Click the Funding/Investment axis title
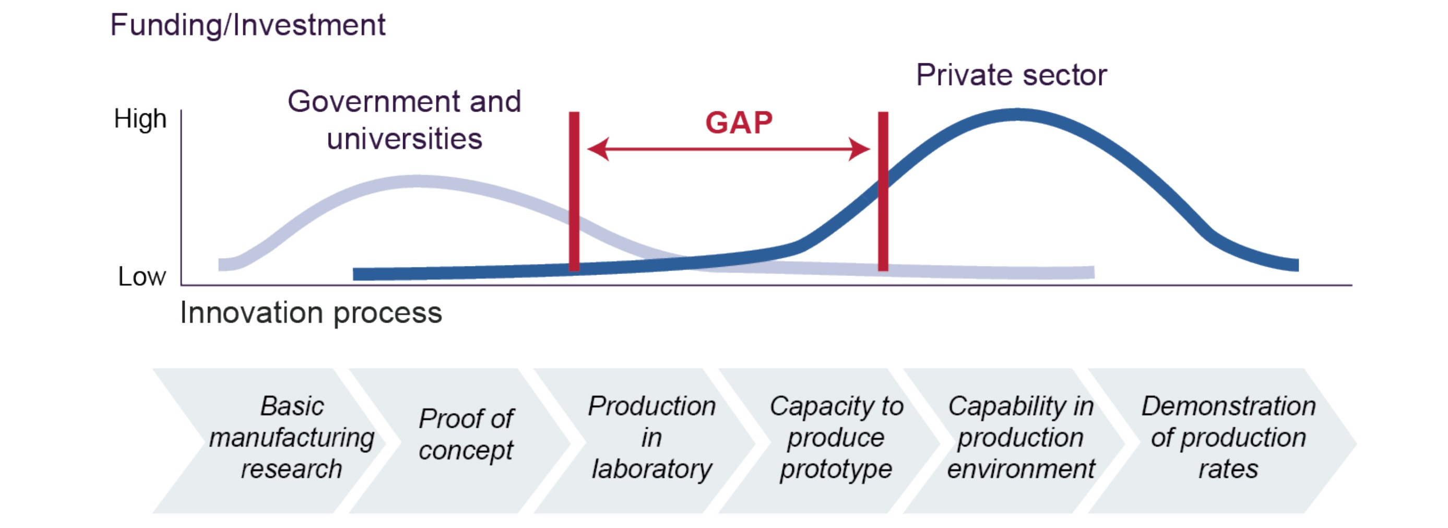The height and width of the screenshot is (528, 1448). [247, 25]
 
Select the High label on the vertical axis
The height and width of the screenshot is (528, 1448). [140, 119]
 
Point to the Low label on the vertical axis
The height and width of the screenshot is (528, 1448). [141, 277]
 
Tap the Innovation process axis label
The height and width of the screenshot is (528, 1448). [311, 313]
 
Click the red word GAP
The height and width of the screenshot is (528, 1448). [739, 123]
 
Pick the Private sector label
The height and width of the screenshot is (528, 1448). [1011, 75]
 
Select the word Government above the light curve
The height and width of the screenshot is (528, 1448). [374, 102]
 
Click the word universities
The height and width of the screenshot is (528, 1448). [404, 139]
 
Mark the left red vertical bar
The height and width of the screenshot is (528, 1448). [574, 191]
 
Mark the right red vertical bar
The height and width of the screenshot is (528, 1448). [883, 191]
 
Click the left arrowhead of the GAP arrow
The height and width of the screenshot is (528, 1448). [598, 149]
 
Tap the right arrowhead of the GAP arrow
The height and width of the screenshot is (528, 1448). [860, 149]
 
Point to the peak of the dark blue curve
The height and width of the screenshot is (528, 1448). [1017, 115]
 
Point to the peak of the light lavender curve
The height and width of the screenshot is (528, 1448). [416, 181]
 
